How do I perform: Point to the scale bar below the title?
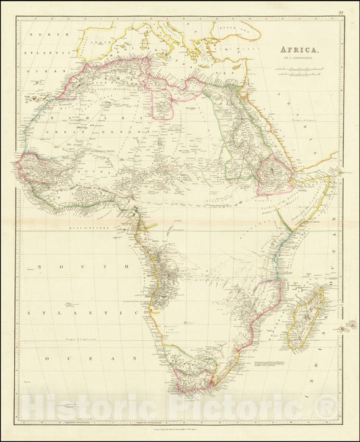pos(300,69)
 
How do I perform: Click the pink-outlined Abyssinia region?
pos(274,171)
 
